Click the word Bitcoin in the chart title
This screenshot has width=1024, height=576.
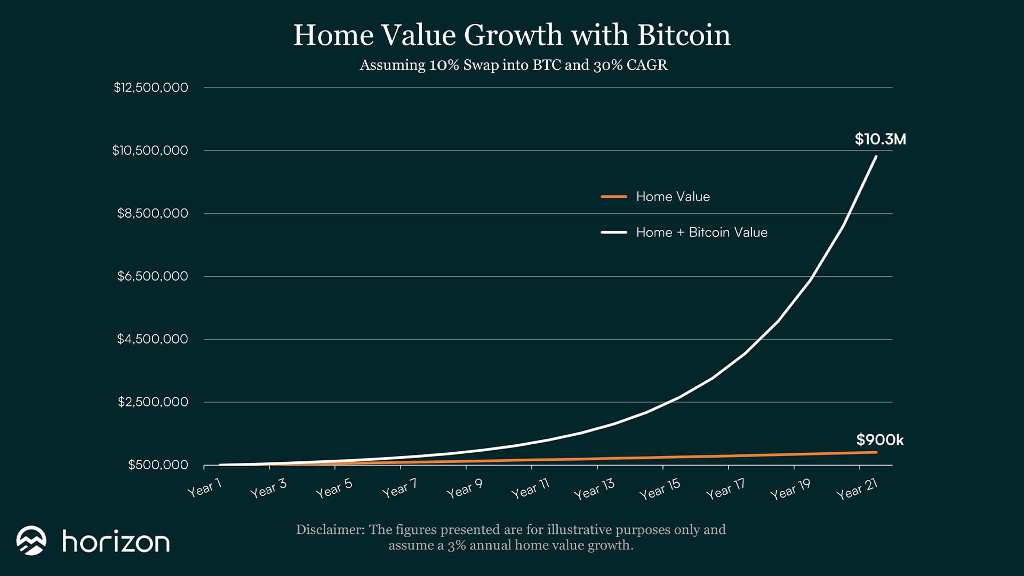[x=684, y=35]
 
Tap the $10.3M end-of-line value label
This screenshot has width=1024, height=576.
[x=880, y=139]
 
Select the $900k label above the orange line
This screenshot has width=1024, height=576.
[x=880, y=440]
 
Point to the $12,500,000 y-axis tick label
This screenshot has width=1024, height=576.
[x=151, y=87]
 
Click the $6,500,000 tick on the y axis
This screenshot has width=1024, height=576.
[x=153, y=276]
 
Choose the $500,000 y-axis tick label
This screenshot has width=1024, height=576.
[x=158, y=465]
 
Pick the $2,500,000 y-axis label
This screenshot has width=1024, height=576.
[x=153, y=402]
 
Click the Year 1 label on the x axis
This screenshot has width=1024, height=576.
[x=204, y=488]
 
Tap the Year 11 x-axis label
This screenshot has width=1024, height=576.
[x=530, y=489]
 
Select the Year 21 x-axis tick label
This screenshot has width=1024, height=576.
[x=857, y=489]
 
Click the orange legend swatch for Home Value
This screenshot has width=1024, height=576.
[x=614, y=197]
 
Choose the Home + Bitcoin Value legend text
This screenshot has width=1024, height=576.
[x=701, y=233]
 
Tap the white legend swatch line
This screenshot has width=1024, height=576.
[x=614, y=233]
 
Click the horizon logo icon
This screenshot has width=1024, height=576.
[x=31, y=541]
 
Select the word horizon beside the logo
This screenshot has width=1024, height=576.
[x=116, y=541]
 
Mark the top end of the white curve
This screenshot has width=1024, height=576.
[x=876, y=156]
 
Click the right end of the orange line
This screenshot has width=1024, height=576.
[x=876, y=452]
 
